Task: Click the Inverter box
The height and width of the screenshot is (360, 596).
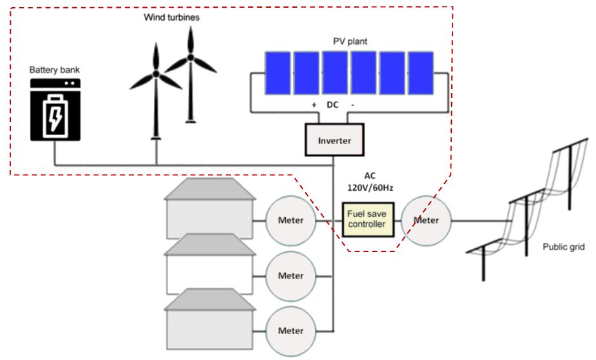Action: pyautogui.click(x=334, y=140)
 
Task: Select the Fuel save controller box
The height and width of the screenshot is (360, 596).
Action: pyautogui.click(x=367, y=219)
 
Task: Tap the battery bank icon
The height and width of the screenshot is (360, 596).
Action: pyautogui.click(x=55, y=110)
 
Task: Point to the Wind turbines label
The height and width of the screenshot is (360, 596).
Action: pyautogui.click(x=171, y=17)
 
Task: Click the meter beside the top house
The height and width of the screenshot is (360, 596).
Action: pyautogui.click(x=290, y=220)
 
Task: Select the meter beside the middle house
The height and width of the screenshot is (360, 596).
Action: pyautogui.click(x=290, y=275)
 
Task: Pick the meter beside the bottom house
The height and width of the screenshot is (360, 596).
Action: pyautogui.click(x=290, y=330)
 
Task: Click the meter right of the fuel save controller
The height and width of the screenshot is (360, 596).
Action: pyautogui.click(x=426, y=220)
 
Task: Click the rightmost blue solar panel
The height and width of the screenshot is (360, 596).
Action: pyautogui.click(x=421, y=73)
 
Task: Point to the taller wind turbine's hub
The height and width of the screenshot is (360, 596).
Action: pyautogui.click(x=191, y=58)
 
